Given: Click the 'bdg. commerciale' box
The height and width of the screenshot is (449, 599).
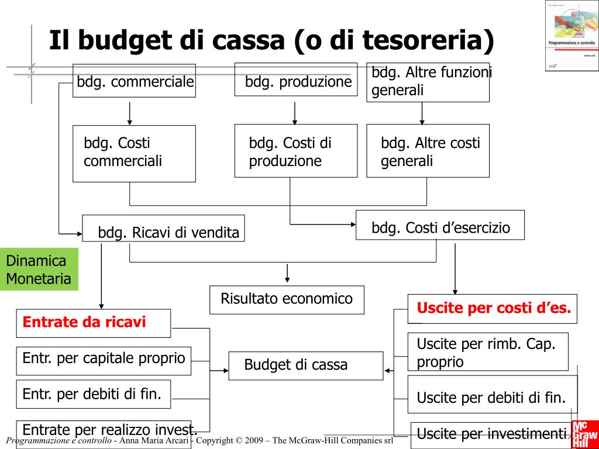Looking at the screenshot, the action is [x=135, y=81].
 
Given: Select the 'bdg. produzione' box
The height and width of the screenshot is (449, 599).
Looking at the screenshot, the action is [x=296, y=80].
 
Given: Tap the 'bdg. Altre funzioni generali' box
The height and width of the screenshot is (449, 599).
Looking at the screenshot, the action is [x=428, y=82].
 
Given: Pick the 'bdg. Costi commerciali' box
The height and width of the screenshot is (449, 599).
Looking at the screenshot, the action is [x=134, y=153].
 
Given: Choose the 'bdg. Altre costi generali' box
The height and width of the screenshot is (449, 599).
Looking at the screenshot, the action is [x=428, y=151].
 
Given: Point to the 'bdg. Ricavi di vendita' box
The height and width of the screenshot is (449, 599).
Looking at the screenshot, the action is [x=163, y=229].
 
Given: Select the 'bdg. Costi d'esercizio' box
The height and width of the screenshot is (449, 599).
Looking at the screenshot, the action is [x=440, y=225].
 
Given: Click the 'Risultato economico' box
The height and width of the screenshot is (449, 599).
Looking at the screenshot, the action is [x=287, y=299].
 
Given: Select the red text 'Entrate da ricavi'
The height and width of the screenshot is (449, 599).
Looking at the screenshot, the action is [x=84, y=322].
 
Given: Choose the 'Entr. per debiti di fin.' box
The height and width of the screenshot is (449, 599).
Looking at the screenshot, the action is [x=93, y=393].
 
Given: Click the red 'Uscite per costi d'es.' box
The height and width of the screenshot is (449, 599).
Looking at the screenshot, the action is [x=493, y=308].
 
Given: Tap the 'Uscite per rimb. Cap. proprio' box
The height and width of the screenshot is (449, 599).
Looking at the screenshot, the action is [x=488, y=352].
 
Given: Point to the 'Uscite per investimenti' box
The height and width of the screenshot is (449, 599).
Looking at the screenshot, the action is [x=491, y=434].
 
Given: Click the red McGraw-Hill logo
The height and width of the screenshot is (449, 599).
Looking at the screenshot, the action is [x=585, y=434].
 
